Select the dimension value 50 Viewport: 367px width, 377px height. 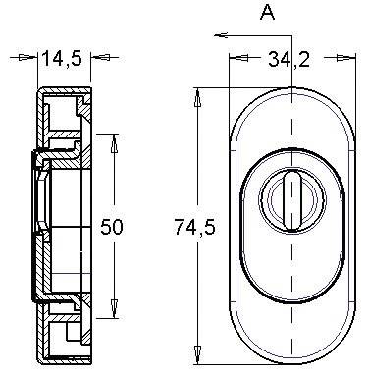tap(113, 227)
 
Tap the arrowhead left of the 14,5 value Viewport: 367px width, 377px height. tap(33, 59)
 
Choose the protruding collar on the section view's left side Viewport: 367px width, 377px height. tap(37, 226)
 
